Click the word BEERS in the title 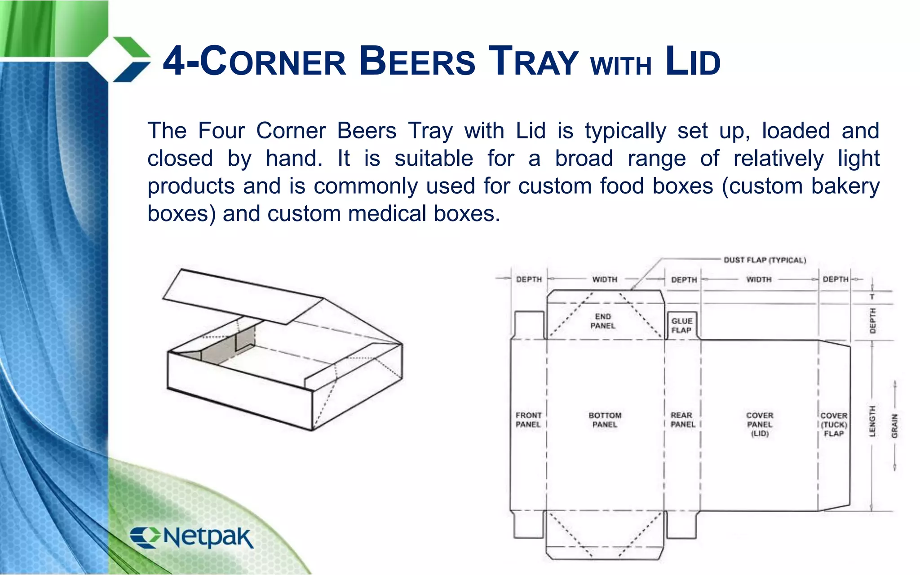click(x=417, y=62)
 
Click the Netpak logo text click(x=208, y=537)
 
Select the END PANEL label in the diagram click(x=603, y=321)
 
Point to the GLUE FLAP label click(x=681, y=326)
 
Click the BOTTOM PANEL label click(x=605, y=420)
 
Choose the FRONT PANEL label click(x=528, y=420)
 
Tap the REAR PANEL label click(x=682, y=420)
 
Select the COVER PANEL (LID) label click(x=760, y=425)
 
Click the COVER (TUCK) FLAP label click(x=834, y=425)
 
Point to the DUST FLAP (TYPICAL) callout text click(x=765, y=260)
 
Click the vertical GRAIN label click(x=894, y=426)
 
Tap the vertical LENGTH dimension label click(x=872, y=421)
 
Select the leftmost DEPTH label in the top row click(x=529, y=279)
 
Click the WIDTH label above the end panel click(x=605, y=279)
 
